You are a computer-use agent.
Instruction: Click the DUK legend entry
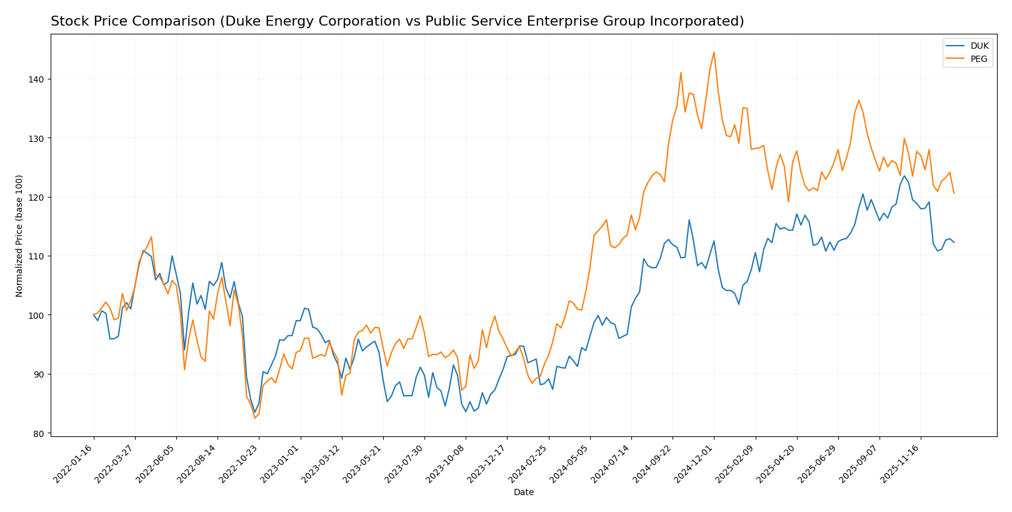(979, 46)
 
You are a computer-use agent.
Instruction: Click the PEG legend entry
(979, 59)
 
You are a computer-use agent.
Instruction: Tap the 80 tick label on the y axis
(38, 433)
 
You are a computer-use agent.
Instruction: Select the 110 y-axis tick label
(36, 256)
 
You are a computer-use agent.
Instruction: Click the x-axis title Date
(523, 493)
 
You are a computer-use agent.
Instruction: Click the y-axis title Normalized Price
(19, 236)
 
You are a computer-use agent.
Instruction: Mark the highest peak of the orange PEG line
(714, 52)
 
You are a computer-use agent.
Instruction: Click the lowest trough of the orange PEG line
(254, 418)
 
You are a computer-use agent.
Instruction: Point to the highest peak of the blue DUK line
(904, 176)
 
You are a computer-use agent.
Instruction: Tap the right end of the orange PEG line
(954, 193)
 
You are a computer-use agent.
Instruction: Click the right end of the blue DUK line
(954, 243)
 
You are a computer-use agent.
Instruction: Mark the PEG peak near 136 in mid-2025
(859, 100)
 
